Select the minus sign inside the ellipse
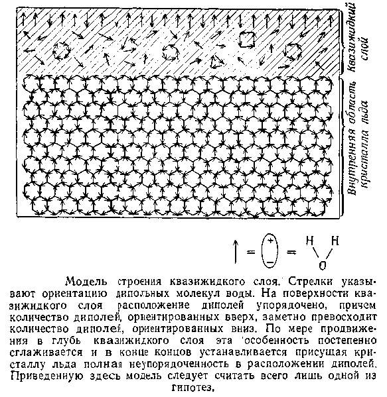[271, 259]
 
